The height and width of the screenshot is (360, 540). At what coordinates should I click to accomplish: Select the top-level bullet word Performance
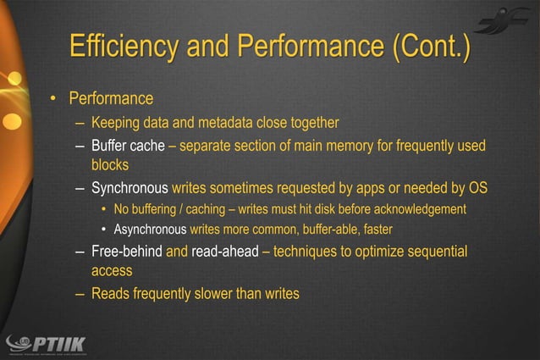coord(111,99)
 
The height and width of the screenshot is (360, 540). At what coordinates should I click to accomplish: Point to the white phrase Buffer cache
coord(128,146)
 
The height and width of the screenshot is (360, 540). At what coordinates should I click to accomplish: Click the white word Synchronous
coord(129,187)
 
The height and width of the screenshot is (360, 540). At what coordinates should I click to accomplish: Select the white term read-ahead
coord(225,252)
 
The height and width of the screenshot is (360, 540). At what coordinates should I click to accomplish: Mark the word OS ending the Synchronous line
coord(477,187)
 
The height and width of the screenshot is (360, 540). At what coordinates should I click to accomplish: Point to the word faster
coord(376,229)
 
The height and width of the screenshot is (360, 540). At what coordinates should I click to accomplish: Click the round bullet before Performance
coord(52,100)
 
